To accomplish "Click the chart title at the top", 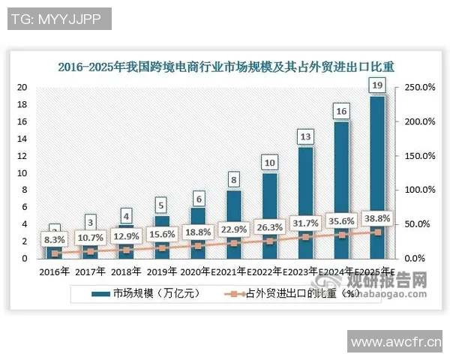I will tap(224, 67).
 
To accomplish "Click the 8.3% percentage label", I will tap(54, 239).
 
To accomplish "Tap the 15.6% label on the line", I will tap(162, 234).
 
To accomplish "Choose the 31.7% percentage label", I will tap(305, 222).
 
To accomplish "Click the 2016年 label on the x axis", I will tap(54, 271).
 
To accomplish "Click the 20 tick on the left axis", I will tap(22, 87).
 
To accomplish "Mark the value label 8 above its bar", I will tap(233, 180).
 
